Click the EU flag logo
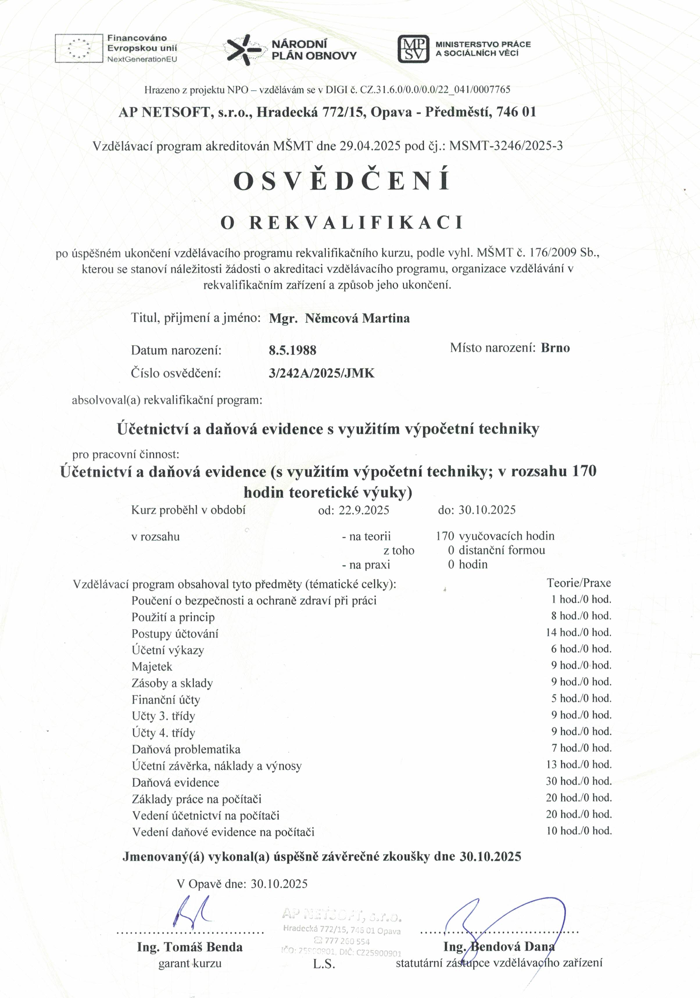79,48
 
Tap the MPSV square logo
413,49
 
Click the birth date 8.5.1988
293,350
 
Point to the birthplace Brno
555,348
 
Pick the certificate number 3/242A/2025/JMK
322,373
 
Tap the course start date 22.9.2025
364,510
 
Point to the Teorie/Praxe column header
579,583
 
